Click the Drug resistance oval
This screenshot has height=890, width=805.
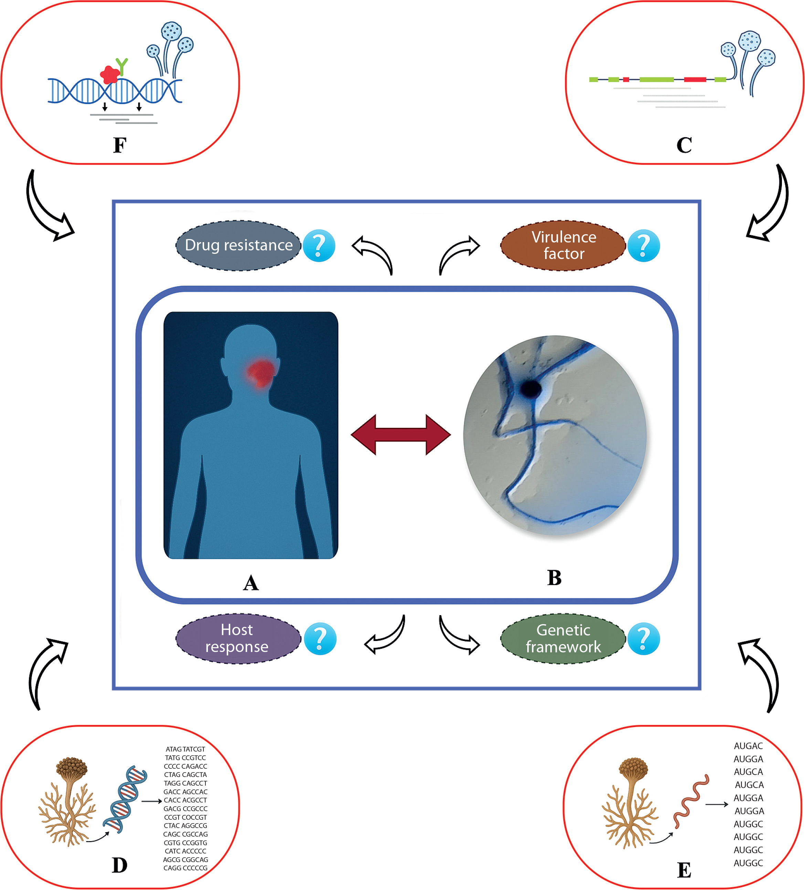[238, 246]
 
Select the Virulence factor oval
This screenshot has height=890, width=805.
[563, 246]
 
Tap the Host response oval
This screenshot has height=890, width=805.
[238, 638]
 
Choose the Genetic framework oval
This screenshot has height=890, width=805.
[563, 638]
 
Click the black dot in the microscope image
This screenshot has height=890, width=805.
[531, 389]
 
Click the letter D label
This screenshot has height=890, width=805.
[119, 865]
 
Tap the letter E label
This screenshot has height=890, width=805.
[684, 870]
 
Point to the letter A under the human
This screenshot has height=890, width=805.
[251, 583]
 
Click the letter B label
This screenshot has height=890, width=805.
[554, 578]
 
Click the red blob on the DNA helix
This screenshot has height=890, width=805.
[109, 75]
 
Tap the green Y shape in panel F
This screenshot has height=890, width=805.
[122, 66]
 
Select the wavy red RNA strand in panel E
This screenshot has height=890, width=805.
[691, 801]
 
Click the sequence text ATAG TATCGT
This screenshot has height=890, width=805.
[185, 749]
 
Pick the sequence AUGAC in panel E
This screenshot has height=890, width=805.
[748, 746]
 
